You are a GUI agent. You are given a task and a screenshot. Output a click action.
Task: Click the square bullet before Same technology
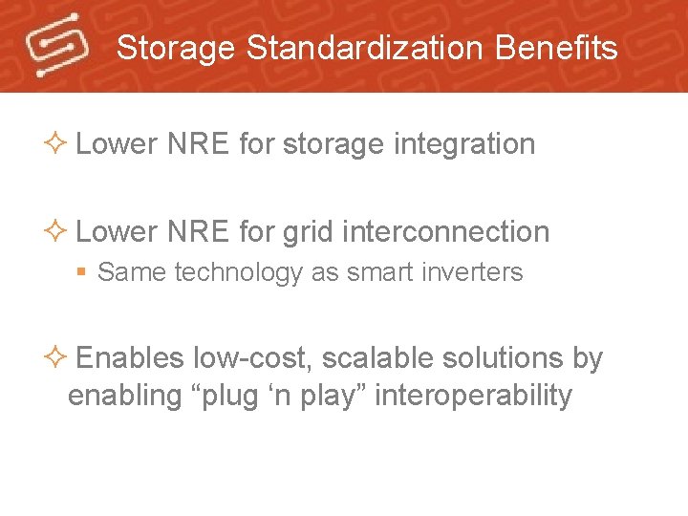click(x=83, y=273)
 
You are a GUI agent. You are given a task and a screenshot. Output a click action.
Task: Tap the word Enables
click(x=129, y=358)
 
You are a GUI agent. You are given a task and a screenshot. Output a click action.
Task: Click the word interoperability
click(x=473, y=396)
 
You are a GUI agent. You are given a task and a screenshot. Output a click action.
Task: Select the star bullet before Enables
click(x=55, y=358)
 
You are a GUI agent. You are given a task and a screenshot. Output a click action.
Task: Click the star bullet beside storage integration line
click(x=55, y=144)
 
